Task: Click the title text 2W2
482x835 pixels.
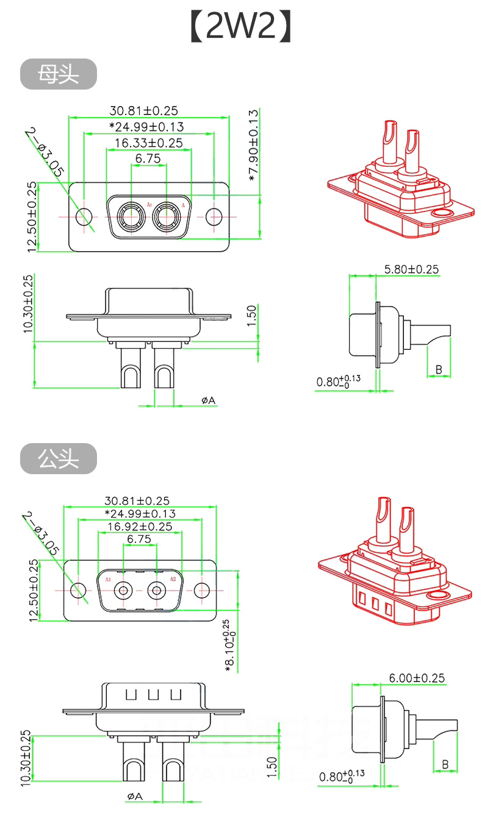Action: click(241, 27)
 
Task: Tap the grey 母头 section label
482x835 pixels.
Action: click(59, 74)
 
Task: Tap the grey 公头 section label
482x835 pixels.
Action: click(59, 458)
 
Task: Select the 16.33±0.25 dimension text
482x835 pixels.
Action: click(148, 143)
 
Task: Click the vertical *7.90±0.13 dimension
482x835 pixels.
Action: click(254, 145)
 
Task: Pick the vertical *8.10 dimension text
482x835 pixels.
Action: click(226, 645)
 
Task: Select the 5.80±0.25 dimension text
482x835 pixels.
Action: click(411, 269)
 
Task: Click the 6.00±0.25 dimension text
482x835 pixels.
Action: click(417, 677)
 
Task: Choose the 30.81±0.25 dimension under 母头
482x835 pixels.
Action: click(143, 110)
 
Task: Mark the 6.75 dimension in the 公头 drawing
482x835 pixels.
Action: click(139, 539)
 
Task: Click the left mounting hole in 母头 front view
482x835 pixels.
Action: click(84, 216)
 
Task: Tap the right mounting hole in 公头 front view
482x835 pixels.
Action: click(202, 590)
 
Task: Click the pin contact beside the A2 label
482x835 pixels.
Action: click(157, 590)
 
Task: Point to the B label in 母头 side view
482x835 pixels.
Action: click(438, 369)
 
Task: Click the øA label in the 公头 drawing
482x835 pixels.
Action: click(134, 796)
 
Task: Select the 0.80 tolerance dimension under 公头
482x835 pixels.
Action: click(340, 776)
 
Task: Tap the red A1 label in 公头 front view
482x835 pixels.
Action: click(108, 579)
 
